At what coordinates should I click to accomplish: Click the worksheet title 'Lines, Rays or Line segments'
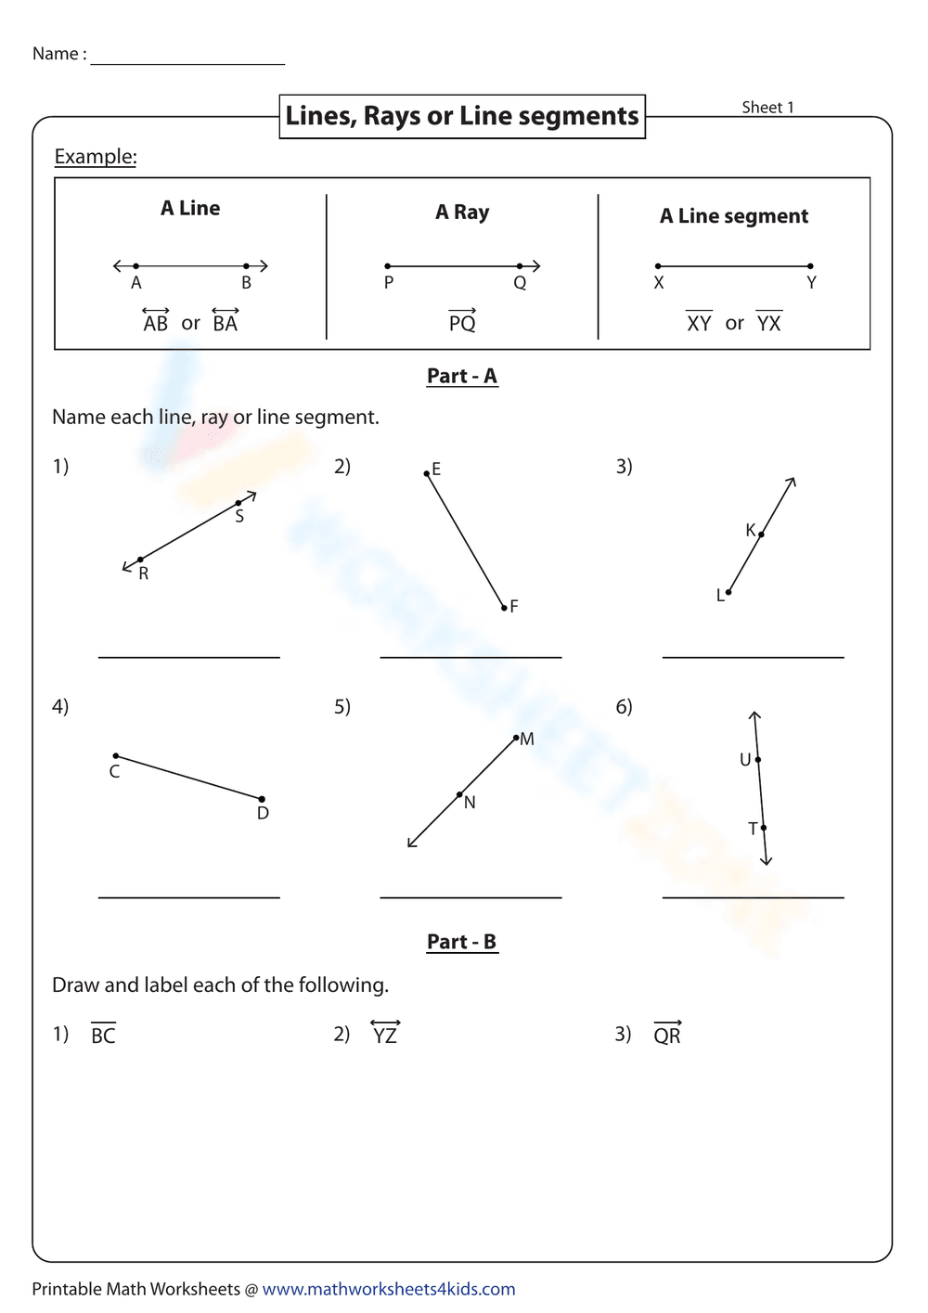461,116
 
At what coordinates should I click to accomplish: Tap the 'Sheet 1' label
767,108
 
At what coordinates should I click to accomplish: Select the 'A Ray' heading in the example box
462,212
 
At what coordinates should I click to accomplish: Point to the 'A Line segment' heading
733,216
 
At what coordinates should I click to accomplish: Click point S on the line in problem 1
238,503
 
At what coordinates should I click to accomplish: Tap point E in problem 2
427,473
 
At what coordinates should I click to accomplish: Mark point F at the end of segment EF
504,608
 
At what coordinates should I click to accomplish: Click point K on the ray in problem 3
761,534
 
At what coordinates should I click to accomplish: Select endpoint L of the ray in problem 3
728,592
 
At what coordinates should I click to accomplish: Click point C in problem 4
116,756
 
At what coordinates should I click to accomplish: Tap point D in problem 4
262,799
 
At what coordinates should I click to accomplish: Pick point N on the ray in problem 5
459,794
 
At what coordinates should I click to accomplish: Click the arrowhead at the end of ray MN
410,844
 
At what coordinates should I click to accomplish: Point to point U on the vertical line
758,760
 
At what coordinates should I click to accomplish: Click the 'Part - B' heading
461,942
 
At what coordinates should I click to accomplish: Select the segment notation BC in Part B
103,1035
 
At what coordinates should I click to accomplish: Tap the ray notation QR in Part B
667,1034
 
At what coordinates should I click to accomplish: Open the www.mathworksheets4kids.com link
389,1289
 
